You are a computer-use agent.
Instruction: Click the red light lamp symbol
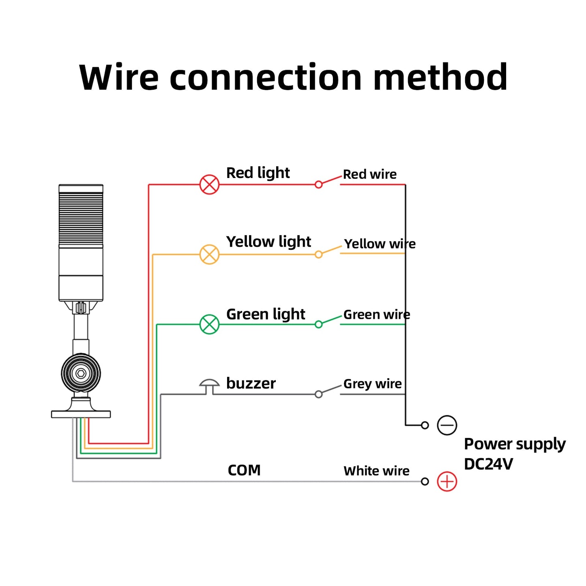click(x=209, y=185)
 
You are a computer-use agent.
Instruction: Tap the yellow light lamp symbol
click(x=209, y=255)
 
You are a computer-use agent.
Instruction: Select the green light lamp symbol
click(x=209, y=324)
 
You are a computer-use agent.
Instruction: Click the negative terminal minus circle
click(x=447, y=425)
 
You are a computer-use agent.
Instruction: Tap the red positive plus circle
click(x=447, y=482)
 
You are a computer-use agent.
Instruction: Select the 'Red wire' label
click(x=369, y=174)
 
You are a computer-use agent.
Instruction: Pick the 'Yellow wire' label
click(x=380, y=244)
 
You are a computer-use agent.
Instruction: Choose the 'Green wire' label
click(x=376, y=314)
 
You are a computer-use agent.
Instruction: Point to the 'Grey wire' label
click(x=372, y=384)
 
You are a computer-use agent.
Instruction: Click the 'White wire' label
click(x=376, y=471)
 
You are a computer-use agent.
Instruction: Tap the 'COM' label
click(x=244, y=470)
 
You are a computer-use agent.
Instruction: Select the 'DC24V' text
click(x=488, y=464)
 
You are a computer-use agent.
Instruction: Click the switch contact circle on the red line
click(x=319, y=185)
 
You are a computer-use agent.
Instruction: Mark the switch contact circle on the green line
click(x=319, y=324)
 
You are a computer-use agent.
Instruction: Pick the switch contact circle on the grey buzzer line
click(x=319, y=394)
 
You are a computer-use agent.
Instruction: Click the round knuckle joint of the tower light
click(x=81, y=373)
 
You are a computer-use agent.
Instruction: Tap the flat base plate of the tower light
click(x=81, y=414)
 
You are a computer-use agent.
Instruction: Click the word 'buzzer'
click(x=251, y=383)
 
